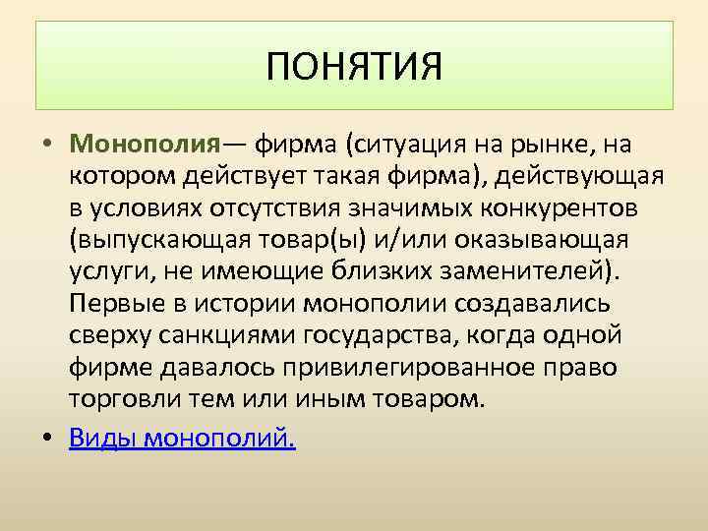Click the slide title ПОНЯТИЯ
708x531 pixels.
click(355, 68)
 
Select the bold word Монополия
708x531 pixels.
click(144, 145)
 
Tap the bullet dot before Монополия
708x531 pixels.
click(47, 146)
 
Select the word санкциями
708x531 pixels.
click(228, 335)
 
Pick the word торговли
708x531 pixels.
click(122, 399)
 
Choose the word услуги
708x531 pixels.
click(109, 271)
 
